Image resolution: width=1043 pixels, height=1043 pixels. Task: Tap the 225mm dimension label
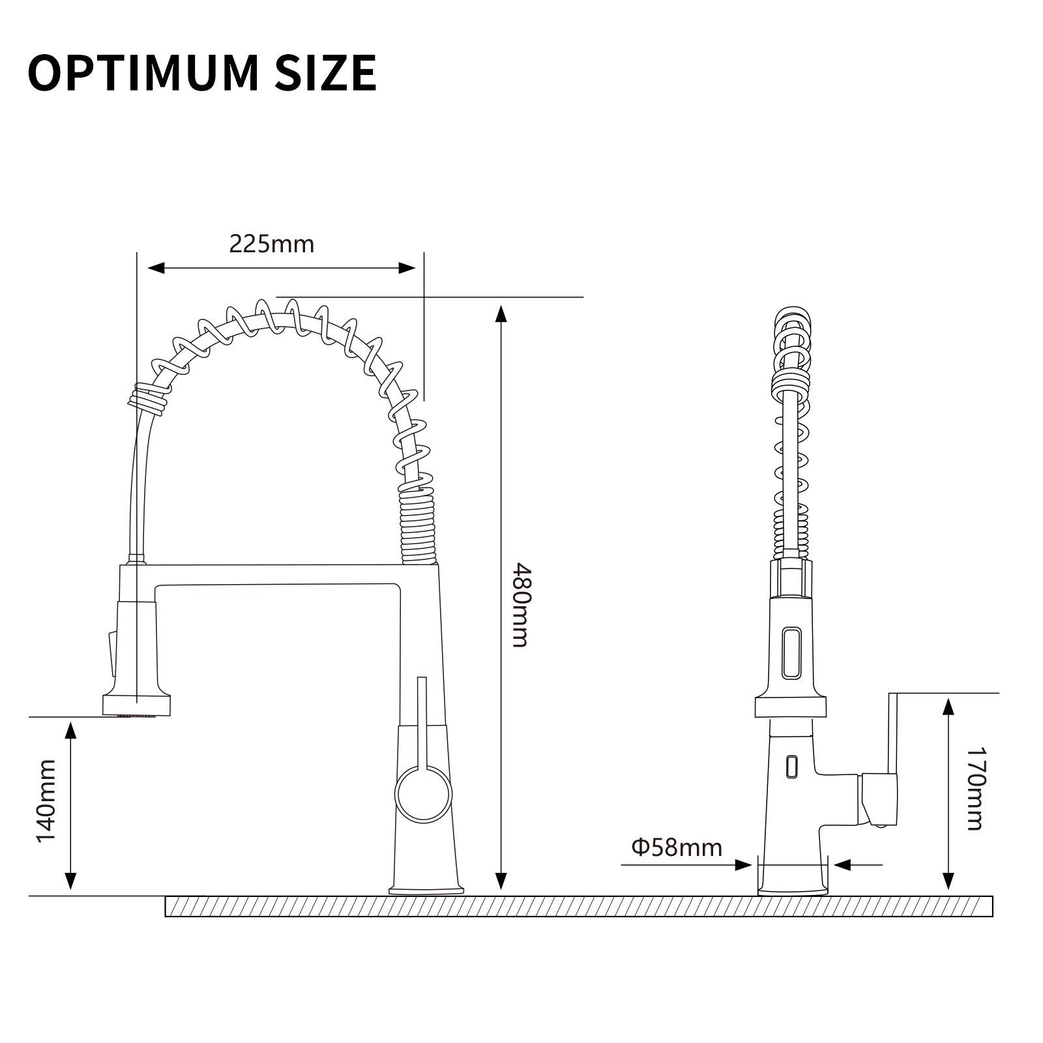point(271,244)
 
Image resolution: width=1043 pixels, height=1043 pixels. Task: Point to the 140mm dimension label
point(46,801)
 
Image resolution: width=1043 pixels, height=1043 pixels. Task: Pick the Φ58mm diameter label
point(677,847)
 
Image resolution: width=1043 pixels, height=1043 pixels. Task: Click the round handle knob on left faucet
point(423,794)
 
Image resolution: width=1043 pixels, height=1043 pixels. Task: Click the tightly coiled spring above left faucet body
point(418,528)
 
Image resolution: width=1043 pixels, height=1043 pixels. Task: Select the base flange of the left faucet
point(426,889)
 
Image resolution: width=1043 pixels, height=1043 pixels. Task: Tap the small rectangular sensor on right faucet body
point(791,765)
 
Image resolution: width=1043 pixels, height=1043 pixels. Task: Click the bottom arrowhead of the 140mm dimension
point(70,881)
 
